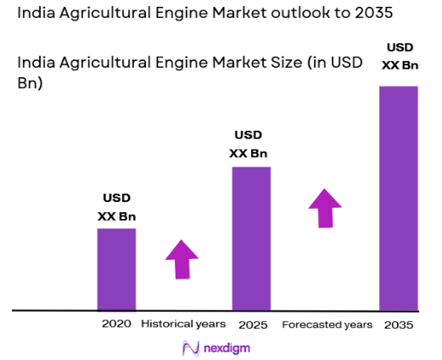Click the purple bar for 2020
116,269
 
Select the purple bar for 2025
251,239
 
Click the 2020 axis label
116,324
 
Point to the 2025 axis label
251,324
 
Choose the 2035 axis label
397,324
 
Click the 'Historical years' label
183,324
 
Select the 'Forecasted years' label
327,324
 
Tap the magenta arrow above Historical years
182,259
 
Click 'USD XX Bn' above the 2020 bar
116,208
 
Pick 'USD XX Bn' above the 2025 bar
249,144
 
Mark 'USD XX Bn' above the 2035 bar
400,55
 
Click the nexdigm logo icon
190,347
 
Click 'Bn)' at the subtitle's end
31,85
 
